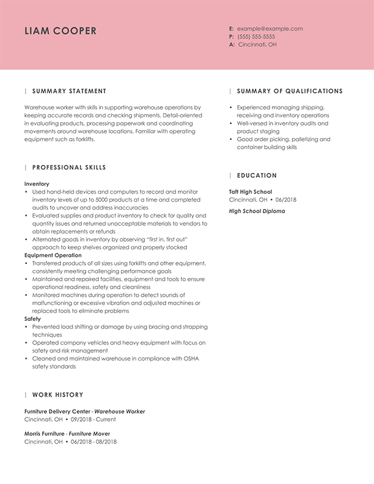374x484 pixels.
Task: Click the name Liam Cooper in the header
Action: [x=61, y=31]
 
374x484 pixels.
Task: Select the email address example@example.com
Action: [x=269, y=29]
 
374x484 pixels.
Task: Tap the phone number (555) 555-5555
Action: [x=256, y=37]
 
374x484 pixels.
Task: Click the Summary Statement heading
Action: [x=69, y=91]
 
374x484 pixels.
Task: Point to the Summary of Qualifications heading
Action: [x=290, y=91]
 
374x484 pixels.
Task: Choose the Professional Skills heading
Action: [x=69, y=167]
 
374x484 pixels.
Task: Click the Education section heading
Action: [x=257, y=175]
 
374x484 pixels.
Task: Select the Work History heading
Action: [x=57, y=395]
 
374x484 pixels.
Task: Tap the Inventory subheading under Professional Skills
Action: [x=37, y=183]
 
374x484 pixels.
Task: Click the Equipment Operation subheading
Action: [x=53, y=255]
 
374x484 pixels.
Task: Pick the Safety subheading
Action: [x=32, y=318]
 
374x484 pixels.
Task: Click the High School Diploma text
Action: [x=257, y=211]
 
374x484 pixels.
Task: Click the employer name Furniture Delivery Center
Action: [x=57, y=411]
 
